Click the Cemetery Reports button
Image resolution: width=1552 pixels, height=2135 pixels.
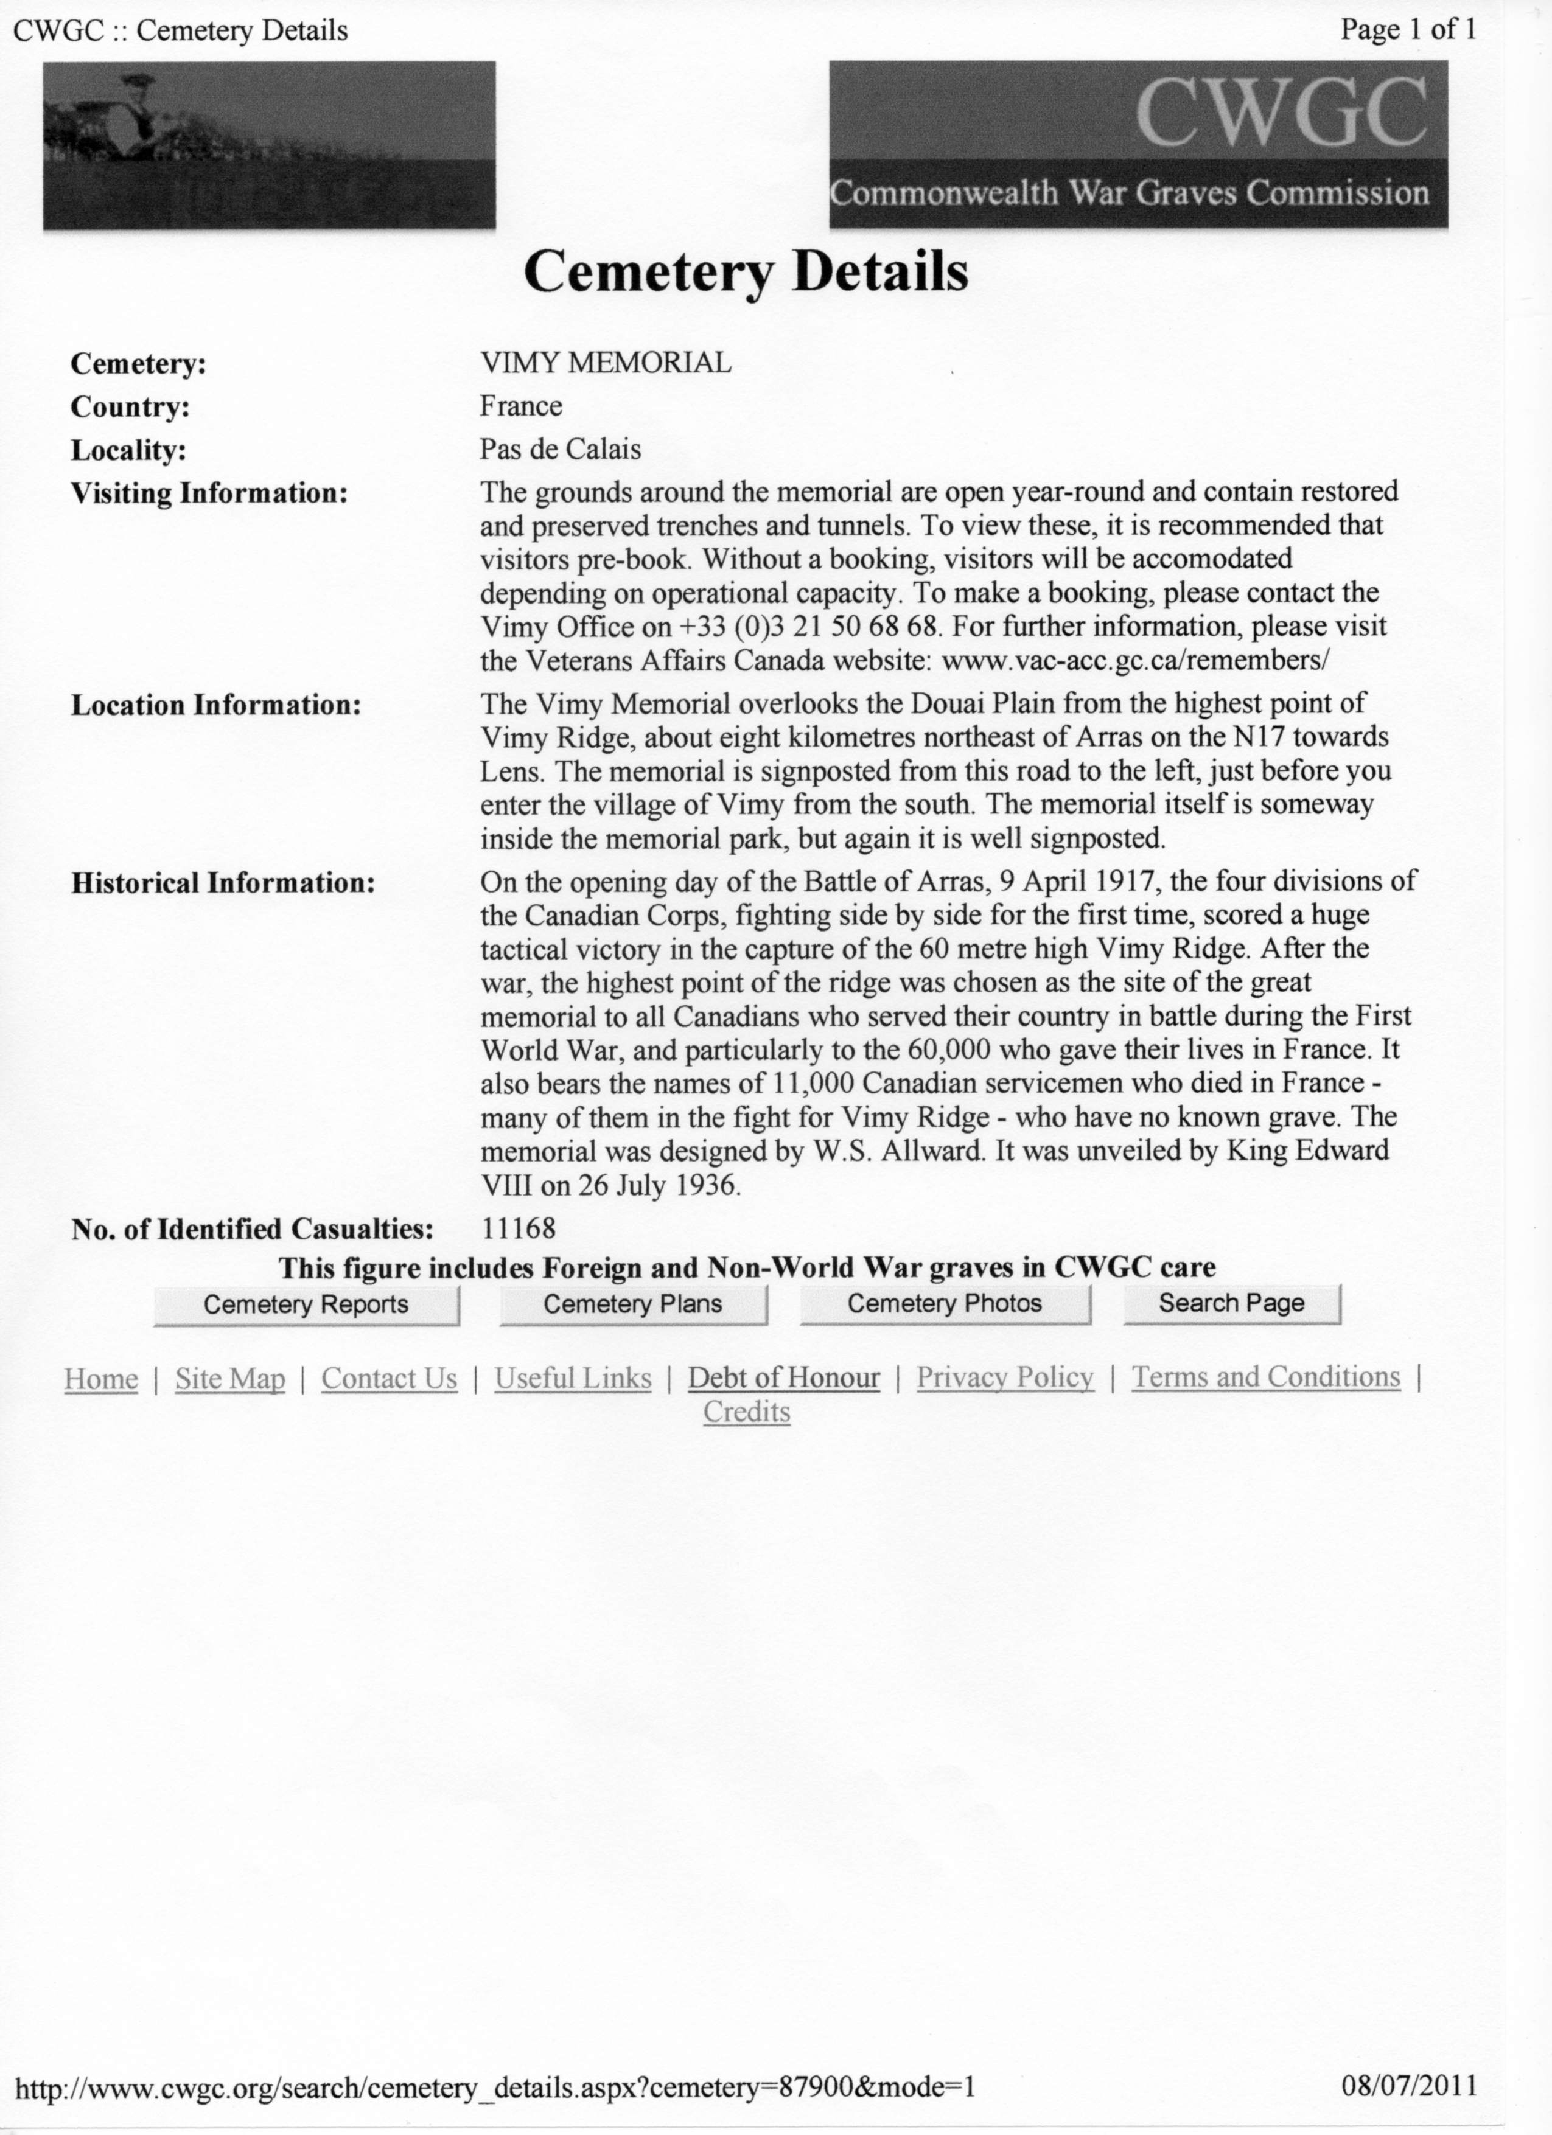306,1304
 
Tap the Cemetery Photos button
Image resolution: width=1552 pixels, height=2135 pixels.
945,1304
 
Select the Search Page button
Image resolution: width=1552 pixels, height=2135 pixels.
1231,1304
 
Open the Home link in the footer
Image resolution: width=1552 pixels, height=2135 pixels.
101,1379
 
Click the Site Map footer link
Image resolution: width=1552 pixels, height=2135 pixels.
230,1379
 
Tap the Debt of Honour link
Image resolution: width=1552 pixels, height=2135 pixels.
783,1378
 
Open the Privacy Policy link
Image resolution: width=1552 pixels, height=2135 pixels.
1005,1377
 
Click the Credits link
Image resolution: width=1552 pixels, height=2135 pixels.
746,1412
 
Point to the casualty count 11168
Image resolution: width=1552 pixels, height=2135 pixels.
518,1228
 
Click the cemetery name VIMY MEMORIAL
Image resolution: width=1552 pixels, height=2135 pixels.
606,363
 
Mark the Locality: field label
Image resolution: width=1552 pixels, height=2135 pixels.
128,451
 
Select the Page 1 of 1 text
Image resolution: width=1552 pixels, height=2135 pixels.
1408,30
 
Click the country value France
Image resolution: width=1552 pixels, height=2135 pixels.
521,406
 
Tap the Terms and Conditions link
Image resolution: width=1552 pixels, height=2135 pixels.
1266,1377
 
